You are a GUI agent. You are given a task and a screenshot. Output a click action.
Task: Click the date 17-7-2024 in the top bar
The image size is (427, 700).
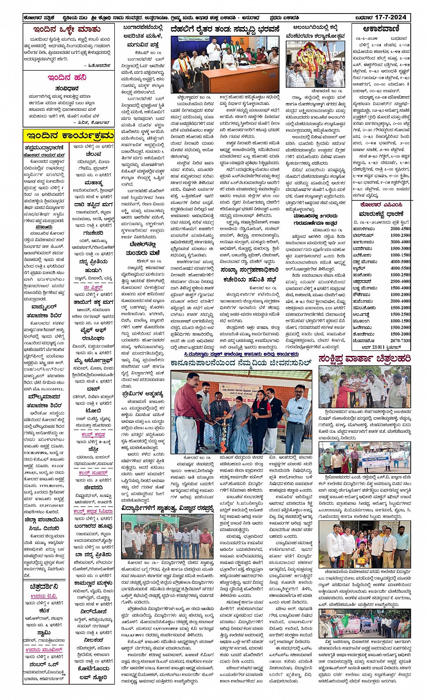392,18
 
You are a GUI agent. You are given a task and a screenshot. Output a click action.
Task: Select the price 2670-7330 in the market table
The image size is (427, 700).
399,340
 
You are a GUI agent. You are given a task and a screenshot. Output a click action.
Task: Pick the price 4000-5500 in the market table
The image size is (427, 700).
400,261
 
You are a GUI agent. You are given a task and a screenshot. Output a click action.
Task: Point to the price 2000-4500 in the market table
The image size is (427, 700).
400,229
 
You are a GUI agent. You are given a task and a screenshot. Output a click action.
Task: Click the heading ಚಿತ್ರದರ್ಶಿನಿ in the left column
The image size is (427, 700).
44,586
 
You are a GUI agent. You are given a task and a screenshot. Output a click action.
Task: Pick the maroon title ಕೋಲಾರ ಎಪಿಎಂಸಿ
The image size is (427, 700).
381,205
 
